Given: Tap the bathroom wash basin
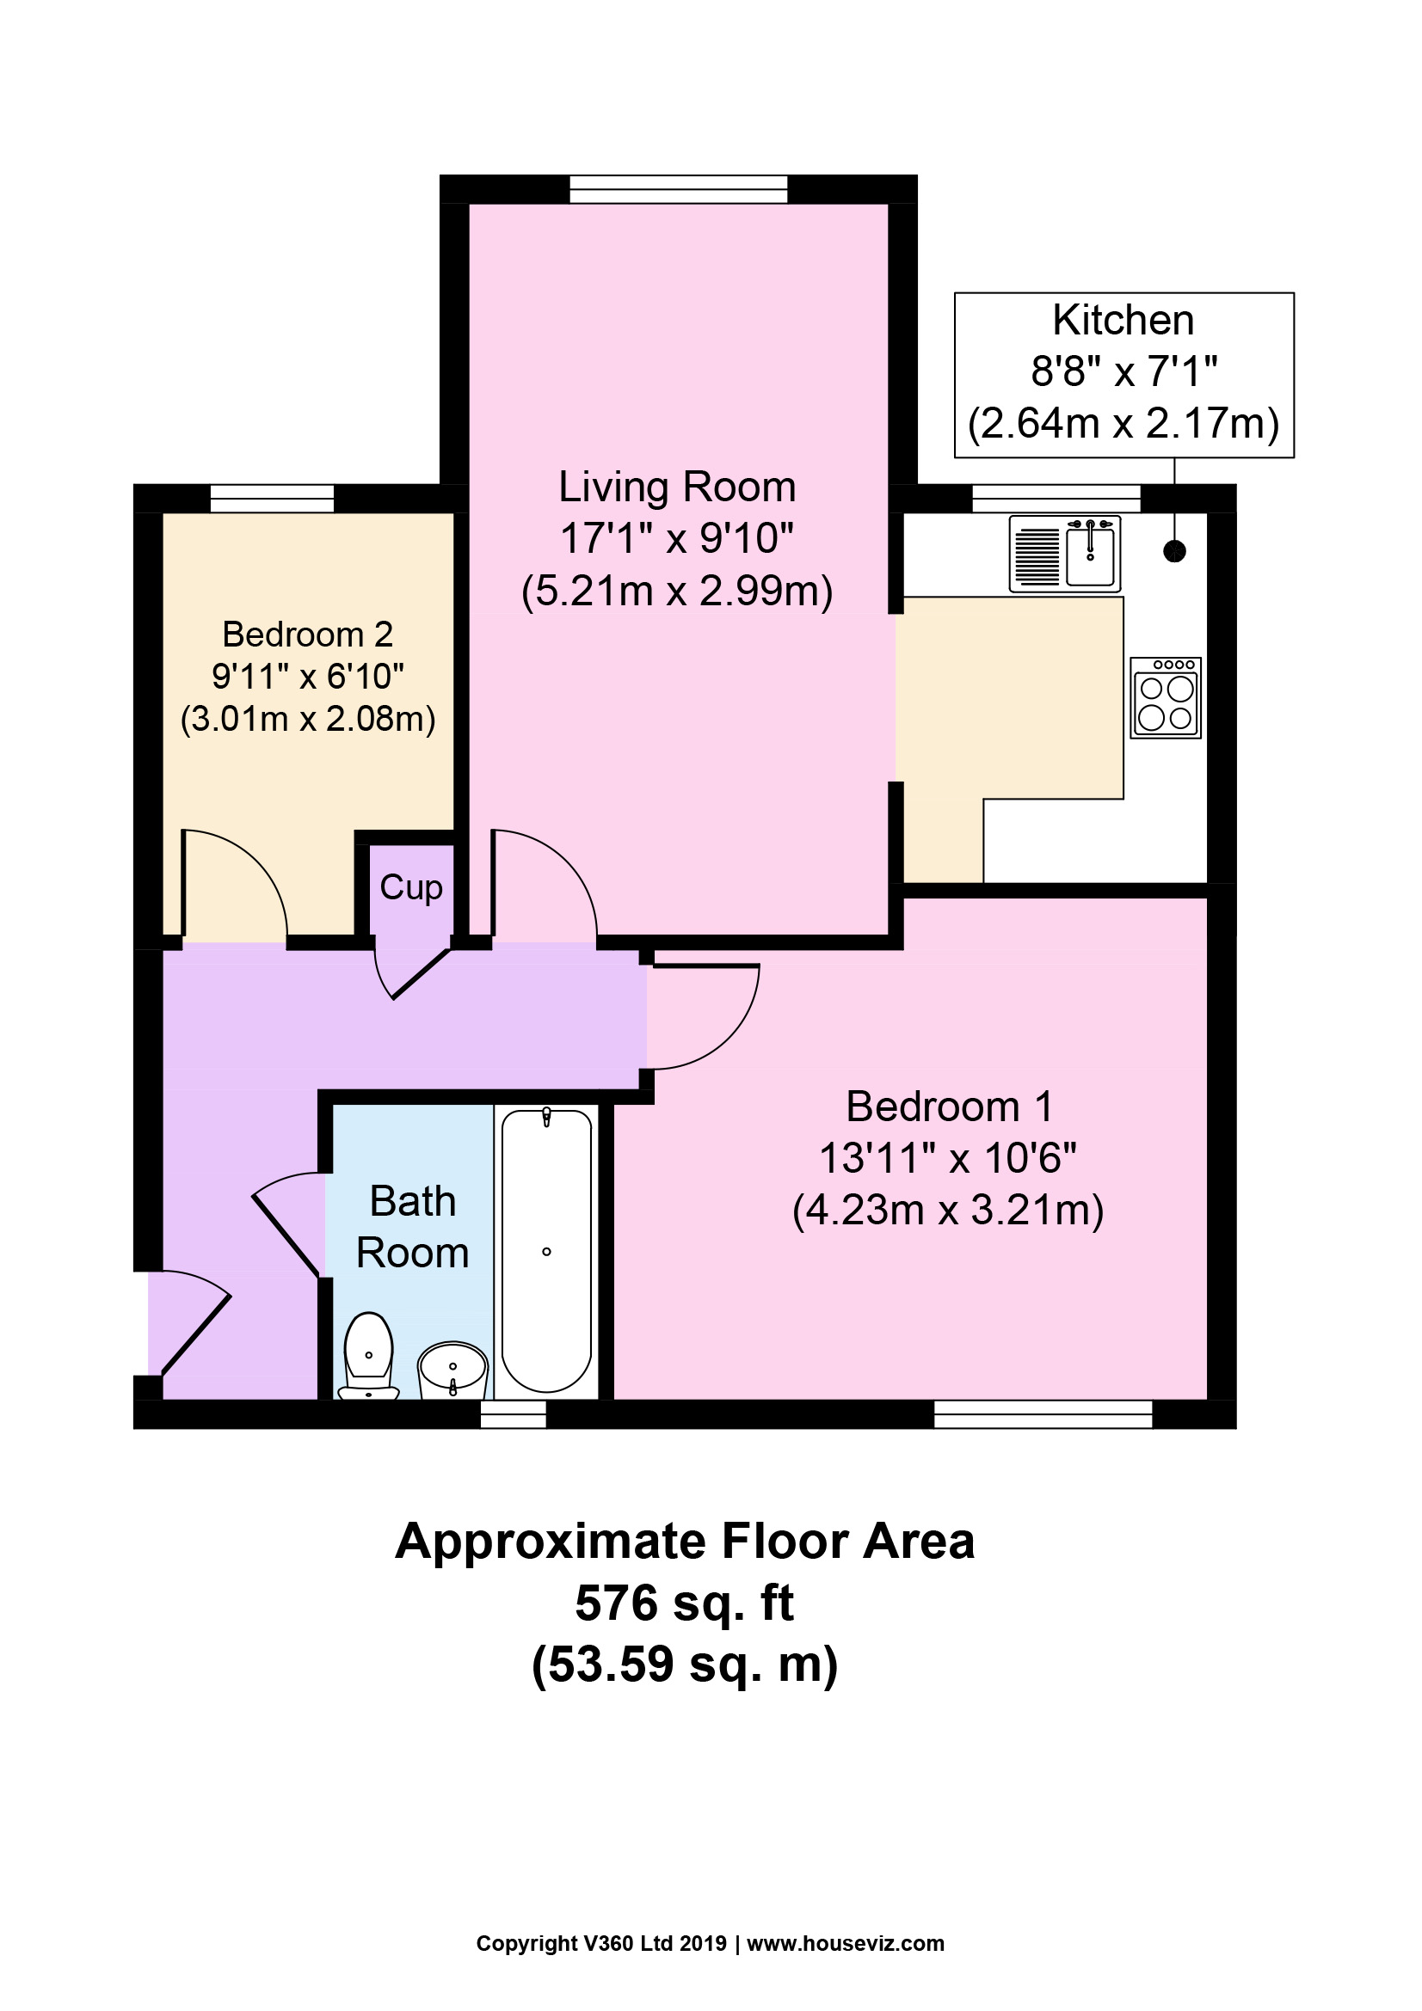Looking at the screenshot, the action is click(453, 1370).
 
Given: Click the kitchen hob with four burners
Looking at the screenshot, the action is click(1166, 698).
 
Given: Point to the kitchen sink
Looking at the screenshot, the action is click(1064, 553).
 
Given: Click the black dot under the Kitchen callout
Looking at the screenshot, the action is click(1174, 551).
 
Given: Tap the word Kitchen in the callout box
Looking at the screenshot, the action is click(1123, 321).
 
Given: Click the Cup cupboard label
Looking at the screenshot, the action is click(411, 888).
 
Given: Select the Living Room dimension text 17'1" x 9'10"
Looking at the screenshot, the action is click(676, 537).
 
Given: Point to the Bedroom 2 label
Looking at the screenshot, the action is click(307, 634).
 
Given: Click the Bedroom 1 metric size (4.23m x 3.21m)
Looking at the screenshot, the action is click(948, 1211).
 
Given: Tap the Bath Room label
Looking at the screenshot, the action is click(413, 1226).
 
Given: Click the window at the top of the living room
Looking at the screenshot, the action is click(678, 189).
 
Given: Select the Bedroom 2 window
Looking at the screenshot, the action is click(273, 499).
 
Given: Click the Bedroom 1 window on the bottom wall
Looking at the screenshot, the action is click(1043, 1414).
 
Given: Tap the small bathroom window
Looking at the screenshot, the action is click(514, 1414).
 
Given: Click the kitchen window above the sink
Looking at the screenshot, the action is click(1056, 499).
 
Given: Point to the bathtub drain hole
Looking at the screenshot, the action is click(547, 1252).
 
